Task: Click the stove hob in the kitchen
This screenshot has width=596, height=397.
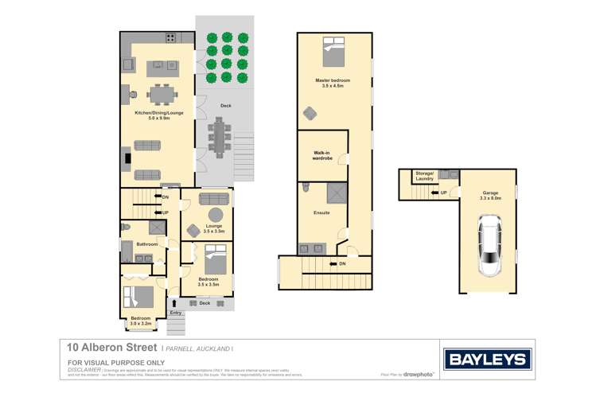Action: point(170,38)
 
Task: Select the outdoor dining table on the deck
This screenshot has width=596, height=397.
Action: point(219,138)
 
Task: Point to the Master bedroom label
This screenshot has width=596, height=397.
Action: point(333,83)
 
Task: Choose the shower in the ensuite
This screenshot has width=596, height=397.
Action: point(337,193)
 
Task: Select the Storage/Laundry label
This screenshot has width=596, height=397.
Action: point(424,177)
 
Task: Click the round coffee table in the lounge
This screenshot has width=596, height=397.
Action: point(215,215)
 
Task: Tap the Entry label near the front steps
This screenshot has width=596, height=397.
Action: point(176,313)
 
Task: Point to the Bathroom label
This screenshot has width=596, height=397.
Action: point(147,243)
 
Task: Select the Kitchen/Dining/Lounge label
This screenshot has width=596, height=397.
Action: point(158,114)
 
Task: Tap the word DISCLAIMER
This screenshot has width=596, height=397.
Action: point(84,369)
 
